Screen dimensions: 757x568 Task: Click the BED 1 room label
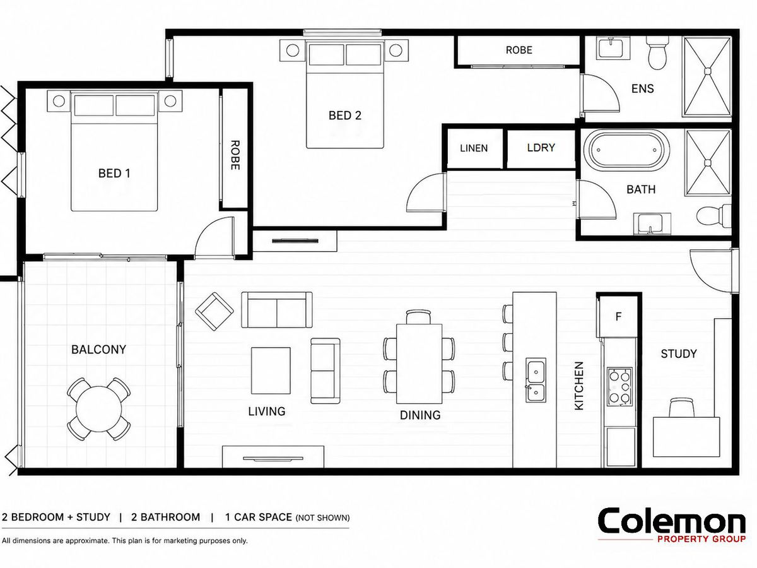pyautogui.click(x=114, y=173)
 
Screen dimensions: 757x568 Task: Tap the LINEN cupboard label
pyautogui.click(x=474, y=148)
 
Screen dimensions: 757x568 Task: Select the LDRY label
pyautogui.click(x=541, y=148)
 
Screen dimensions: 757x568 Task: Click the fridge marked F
pyautogui.click(x=618, y=316)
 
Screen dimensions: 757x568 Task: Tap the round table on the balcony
pyautogui.click(x=98, y=409)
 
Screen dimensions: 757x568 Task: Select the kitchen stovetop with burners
pyautogui.click(x=619, y=387)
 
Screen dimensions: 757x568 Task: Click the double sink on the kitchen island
pyautogui.click(x=536, y=380)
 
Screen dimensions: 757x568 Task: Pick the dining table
pyautogui.click(x=419, y=364)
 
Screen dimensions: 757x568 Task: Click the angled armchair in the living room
pyautogui.click(x=214, y=311)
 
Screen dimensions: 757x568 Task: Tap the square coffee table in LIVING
pyautogui.click(x=271, y=370)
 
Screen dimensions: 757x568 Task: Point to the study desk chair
pyautogui.click(x=681, y=407)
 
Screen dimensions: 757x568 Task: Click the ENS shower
pyautogui.click(x=707, y=76)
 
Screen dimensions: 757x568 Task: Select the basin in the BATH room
pyautogui.click(x=652, y=223)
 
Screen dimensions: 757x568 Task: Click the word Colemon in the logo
pyautogui.click(x=671, y=521)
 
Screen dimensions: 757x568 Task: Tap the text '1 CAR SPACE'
pyautogui.click(x=258, y=518)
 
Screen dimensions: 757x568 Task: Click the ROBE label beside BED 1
pyautogui.click(x=235, y=155)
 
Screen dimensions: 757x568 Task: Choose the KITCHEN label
pyautogui.click(x=578, y=386)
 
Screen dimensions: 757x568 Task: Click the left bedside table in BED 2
pyautogui.click(x=293, y=50)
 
